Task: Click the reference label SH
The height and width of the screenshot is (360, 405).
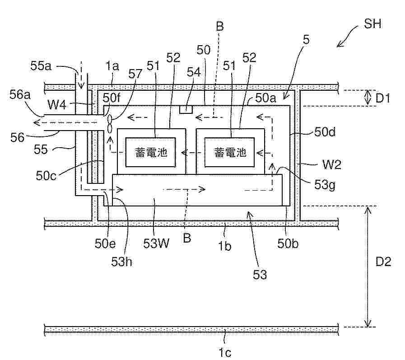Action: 372,24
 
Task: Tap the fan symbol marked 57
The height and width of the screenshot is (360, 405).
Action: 110,124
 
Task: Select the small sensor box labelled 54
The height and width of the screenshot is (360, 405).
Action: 186,109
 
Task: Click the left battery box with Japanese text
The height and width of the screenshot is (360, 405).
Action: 151,152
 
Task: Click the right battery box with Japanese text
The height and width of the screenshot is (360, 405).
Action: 229,152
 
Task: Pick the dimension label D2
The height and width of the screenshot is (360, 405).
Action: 383,262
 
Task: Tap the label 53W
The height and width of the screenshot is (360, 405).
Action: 156,243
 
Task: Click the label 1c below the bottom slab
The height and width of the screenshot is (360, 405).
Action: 225,352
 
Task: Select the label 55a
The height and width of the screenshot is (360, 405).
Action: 41,65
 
